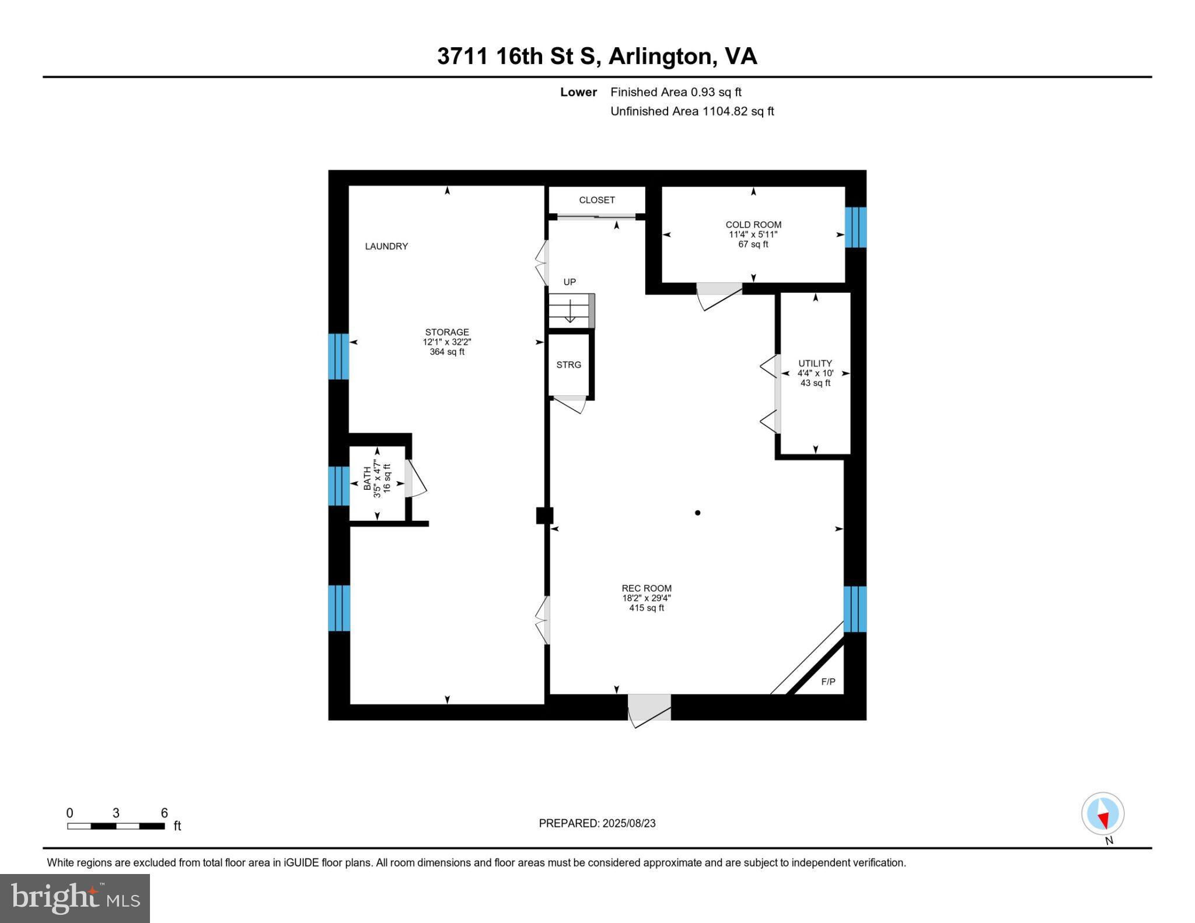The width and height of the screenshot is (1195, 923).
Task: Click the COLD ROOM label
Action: (753, 224)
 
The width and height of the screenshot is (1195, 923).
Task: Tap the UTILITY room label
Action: (815, 363)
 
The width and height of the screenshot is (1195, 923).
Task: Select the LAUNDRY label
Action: (386, 246)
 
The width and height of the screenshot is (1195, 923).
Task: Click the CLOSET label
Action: (597, 200)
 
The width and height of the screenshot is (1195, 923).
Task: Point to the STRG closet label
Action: (569, 365)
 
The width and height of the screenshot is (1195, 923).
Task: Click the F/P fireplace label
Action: (829, 682)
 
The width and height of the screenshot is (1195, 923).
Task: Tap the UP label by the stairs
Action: (569, 282)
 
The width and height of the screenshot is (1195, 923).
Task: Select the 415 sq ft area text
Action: (647, 608)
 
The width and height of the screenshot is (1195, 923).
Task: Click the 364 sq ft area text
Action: (447, 352)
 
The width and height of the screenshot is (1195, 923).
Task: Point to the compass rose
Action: (1103, 814)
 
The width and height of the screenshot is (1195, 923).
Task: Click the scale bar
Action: (116, 826)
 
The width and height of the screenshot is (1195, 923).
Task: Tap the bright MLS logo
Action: (75, 898)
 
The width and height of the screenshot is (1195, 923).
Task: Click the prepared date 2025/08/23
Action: (629, 823)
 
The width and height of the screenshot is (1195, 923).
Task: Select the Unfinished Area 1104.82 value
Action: (725, 111)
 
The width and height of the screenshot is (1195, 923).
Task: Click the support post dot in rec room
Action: (697, 513)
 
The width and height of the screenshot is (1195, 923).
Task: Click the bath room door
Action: (415, 479)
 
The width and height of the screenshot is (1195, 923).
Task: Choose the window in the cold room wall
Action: (856, 227)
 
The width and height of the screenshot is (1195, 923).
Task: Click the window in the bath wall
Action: (338, 486)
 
